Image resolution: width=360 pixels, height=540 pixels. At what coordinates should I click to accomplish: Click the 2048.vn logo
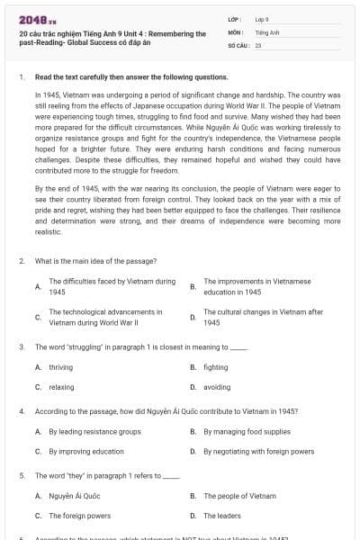(x=32, y=20)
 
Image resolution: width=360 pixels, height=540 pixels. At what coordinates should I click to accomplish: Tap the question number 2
(x=21, y=260)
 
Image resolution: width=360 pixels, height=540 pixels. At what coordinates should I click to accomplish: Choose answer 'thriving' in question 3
(x=61, y=367)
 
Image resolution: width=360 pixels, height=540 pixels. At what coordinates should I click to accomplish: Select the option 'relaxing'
(x=62, y=387)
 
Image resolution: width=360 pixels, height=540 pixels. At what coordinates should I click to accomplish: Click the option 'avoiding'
(x=216, y=387)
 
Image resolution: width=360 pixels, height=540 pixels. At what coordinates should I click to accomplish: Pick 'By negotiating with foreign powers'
(x=258, y=451)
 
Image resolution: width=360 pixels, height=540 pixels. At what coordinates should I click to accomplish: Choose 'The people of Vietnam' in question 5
(x=239, y=496)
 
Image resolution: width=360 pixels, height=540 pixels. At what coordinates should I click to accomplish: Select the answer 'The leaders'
(x=222, y=516)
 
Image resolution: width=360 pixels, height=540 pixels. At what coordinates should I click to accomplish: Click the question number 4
(x=21, y=411)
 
